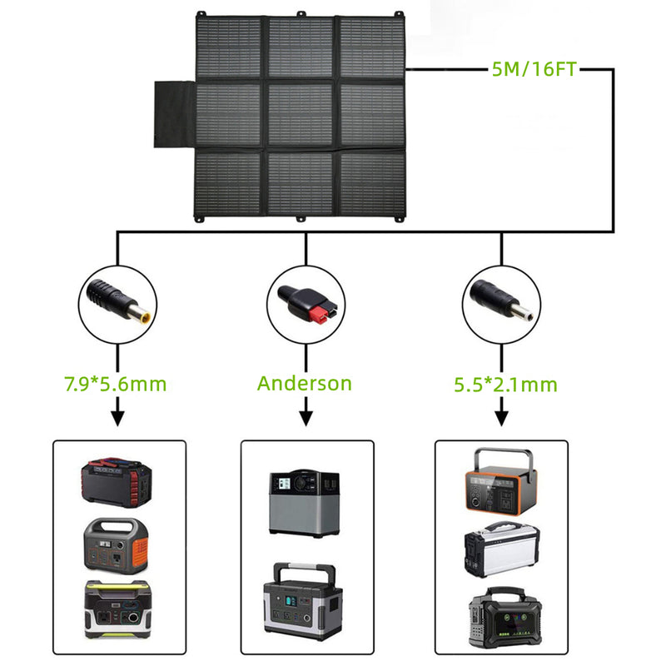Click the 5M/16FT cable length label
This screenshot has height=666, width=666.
[x=533, y=70]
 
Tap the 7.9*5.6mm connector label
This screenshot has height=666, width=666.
[x=115, y=384]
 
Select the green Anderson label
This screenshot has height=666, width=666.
[x=305, y=384]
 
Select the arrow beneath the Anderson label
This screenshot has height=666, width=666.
[x=306, y=412]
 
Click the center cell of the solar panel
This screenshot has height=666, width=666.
[x=301, y=114]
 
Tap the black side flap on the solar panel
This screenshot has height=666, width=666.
[x=174, y=114]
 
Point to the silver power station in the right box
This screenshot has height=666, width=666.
[x=500, y=548]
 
